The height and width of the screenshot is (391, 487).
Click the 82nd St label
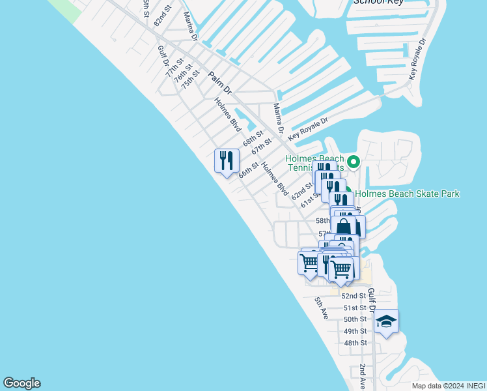[162, 17]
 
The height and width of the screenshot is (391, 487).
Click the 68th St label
[253, 139]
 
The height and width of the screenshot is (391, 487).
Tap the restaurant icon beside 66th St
[227, 160]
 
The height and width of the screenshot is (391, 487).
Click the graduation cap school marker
[386, 321]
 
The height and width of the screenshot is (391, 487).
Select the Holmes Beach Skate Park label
[408, 194]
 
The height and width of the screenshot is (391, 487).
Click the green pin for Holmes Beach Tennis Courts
[354, 161]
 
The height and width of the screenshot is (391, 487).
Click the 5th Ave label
[321, 308]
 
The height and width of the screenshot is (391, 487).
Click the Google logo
[21, 383]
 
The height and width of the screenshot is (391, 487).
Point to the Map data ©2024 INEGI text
[449, 386]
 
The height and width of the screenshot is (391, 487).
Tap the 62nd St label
[302, 190]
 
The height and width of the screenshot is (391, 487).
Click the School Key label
[378, 2]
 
